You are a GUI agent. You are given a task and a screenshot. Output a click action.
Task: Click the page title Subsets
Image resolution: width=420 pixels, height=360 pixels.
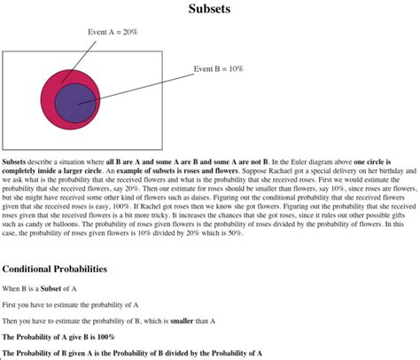(210, 11)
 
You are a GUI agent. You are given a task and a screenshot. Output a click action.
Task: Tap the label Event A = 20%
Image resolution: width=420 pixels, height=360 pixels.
(113, 32)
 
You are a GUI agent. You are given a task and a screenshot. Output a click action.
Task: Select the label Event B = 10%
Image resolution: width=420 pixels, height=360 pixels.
(218, 68)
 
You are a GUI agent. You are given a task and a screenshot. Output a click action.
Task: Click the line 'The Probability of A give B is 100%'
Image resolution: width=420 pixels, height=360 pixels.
(58, 336)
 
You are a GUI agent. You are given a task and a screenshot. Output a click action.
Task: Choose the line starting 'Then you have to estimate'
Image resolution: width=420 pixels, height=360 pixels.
(109, 320)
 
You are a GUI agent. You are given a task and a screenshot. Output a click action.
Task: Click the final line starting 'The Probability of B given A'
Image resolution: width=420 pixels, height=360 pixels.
(132, 352)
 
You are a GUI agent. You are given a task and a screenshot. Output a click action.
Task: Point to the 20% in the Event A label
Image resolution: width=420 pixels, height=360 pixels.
(130, 32)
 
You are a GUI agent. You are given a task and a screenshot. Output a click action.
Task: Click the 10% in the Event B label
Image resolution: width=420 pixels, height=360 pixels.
(234, 68)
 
